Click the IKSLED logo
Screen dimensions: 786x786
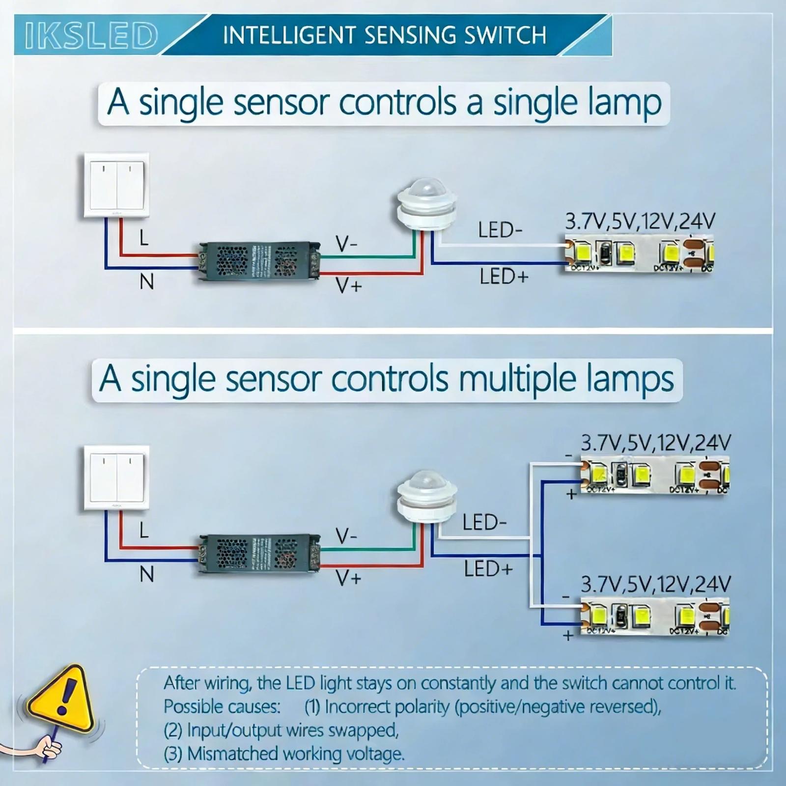(x=91, y=35)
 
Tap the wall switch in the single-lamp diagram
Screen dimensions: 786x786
(x=116, y=185)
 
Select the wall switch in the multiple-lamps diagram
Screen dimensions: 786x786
(x=116, y=478)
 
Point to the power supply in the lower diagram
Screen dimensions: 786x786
(x=259, y=554)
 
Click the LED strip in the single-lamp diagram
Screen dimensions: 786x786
(x=639, y=254)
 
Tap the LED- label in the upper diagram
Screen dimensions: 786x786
(x=500, y=230)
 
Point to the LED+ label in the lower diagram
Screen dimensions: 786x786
(x=488, y=569)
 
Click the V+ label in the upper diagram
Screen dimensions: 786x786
(x=349, y=285)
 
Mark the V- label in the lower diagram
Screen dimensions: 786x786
(x=346, y=535)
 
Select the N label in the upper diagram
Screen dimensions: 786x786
(x=146, y=282)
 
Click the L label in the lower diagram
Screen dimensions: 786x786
(x=143, y=531)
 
